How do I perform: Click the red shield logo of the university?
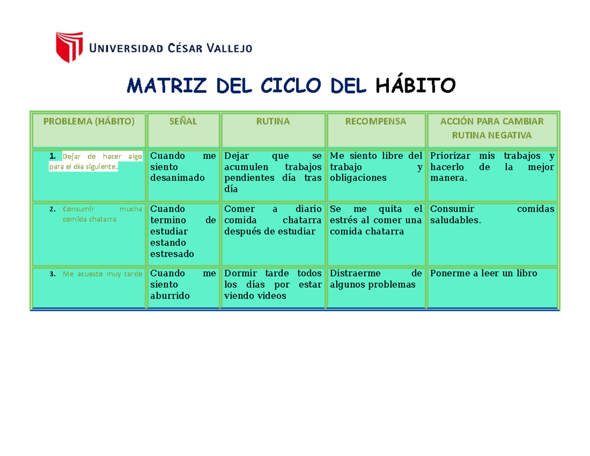69,47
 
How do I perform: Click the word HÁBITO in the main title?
415,86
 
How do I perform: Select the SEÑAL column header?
183,122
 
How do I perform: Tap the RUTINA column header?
273,122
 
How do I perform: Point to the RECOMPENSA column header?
376,122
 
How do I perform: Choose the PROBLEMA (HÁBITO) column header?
88,122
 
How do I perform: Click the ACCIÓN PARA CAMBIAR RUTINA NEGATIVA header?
492,128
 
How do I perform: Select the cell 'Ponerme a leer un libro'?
483,274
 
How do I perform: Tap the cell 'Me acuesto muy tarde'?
102,274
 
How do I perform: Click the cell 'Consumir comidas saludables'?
492,214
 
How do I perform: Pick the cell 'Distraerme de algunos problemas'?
376,279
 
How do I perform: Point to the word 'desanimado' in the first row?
177,178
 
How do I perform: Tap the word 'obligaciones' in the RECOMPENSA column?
358,178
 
